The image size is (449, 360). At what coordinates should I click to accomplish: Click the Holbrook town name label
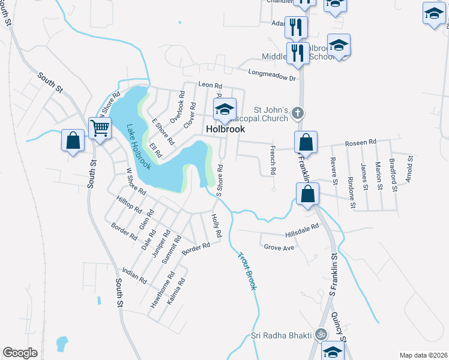coord(225,129)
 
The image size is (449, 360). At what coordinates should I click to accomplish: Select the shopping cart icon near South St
coord(100,127)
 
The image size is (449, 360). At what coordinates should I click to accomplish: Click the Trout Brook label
coord(247,271)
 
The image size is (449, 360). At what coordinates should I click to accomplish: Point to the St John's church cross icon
coord(295,112)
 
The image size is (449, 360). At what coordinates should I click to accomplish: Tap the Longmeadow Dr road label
coord(272,75)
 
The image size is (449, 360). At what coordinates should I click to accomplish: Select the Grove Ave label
coord(279,247)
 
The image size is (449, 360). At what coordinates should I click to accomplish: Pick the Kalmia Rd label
coord(175,289)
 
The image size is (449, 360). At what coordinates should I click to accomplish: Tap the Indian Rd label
coord(134,275)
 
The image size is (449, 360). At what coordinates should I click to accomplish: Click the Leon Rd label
coord(210,85)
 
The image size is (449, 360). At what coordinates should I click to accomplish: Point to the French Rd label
coord(273,160)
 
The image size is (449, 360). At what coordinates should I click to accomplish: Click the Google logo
coord(20,353)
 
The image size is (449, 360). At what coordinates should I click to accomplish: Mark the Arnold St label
coord(410,169)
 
